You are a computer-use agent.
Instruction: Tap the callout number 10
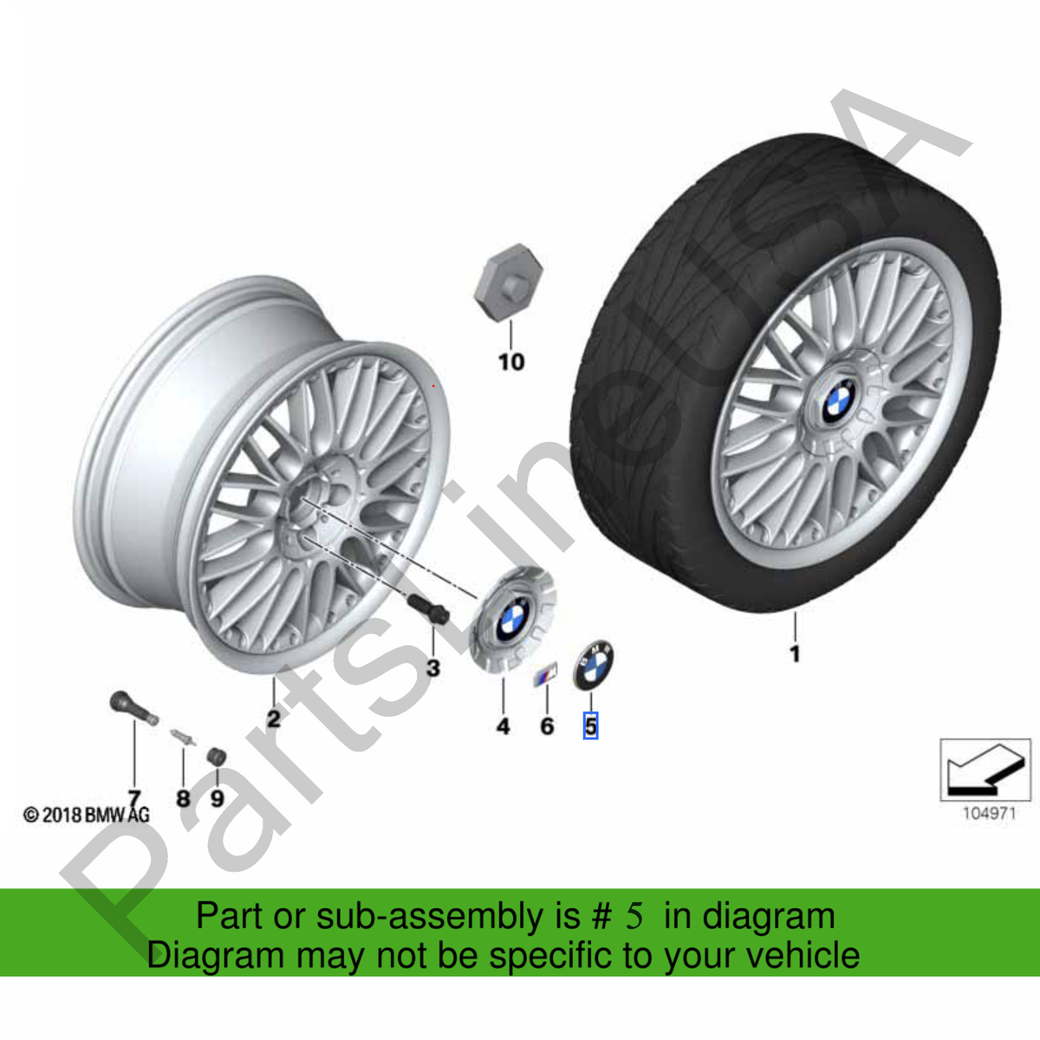point(511,362)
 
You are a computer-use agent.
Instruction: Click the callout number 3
point(433,669)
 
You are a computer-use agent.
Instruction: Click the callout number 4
point(503,726)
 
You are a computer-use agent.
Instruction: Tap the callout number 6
point(547,726)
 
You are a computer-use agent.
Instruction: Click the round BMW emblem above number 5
point(593,665)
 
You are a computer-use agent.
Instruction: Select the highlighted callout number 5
point(591,726)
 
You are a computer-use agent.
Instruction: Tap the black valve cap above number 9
point(217,757)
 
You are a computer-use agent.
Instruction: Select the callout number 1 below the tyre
point(795,654)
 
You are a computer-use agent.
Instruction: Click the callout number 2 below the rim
point(274,718)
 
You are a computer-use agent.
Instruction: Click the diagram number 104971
point(989,829)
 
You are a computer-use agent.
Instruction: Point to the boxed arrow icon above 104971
point(985,770)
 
